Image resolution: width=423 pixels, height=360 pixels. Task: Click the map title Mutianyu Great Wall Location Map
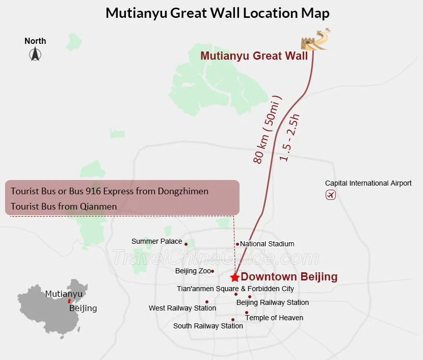pyautogui.click(x=217, y=13)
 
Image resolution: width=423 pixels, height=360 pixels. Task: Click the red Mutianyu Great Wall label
pyautogui.click(x=254, y=56)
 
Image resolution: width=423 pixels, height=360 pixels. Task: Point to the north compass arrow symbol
pyautogui.click(x=35, y=54)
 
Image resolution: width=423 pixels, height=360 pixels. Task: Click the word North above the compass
pyautogui.click(x=35, y=41)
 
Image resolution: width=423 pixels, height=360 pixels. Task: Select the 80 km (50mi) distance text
pyautogui.click(x=268, y=130)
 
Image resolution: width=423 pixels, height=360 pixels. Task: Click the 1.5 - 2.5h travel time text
pyautogui.click(x=290, y=138)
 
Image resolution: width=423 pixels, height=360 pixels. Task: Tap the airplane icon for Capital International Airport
pyautogui.click(x=330, y=195)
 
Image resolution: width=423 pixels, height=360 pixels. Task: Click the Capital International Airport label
pyautogui.click(x=368, y=183)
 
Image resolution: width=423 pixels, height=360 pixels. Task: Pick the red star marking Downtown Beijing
pyautogui.click(x=234, y=277)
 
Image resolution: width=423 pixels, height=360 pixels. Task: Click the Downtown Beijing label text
pyautogui.click(x=289, y=277)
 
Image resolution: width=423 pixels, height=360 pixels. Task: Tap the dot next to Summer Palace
pyautogui.click(x=186, y=244)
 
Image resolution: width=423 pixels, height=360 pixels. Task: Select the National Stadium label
pyautogui.click(x=267, y=244)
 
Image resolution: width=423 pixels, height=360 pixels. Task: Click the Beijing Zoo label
pyautogui.click(x=193, y=271)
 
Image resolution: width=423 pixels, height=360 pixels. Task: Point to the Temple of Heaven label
pyautogui.click(x=274, y=318)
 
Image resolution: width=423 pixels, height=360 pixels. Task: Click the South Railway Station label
pyautogui.click(x=208, y=326)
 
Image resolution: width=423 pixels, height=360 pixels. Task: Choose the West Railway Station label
pyautogui.click(x=182, y=308)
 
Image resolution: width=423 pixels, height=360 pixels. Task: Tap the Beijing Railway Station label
pyautogui.click(x=273, y=302)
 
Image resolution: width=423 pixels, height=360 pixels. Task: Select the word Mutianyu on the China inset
pyautogui.click(x=64, y=294)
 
